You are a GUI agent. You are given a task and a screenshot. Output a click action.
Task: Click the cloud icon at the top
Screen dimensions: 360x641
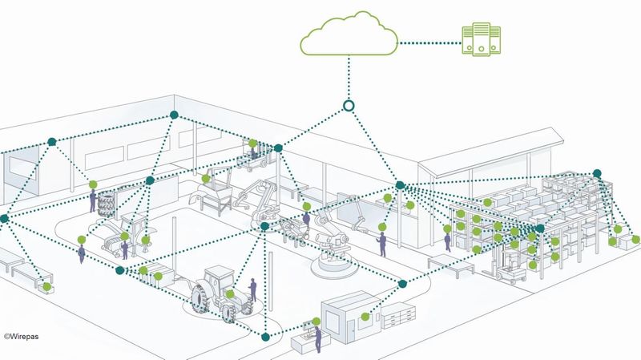click(349, 37)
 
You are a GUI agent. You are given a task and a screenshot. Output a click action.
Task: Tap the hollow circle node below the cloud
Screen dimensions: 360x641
click(349, 105)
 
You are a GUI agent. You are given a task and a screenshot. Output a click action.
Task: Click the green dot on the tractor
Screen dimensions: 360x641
click(232, 294)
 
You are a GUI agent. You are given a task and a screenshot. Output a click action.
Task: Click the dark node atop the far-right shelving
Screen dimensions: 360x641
click(595, 173)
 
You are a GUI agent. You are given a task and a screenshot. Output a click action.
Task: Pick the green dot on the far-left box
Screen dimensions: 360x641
click(47, 287)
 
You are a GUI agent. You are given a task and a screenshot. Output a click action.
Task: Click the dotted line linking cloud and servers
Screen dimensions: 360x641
click(429, 42)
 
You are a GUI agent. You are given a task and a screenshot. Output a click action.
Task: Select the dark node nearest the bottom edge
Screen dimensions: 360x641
click(266, 335)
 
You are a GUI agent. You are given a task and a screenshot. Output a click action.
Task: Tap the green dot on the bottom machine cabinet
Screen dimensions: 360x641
click(365, 316)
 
